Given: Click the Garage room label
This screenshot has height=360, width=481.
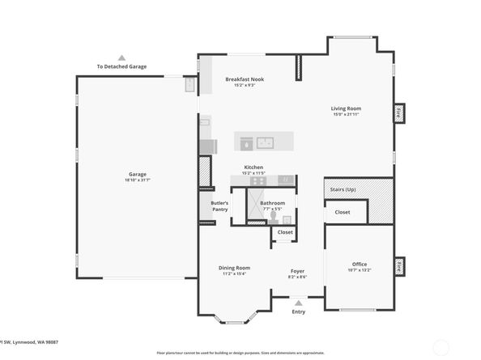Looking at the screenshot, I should pos(137,174).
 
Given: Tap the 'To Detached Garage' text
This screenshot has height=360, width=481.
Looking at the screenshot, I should pos(121,66).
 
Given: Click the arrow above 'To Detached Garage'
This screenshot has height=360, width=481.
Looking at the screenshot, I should pos(121,58).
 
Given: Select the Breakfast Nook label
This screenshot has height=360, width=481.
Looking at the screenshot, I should pos(244,79).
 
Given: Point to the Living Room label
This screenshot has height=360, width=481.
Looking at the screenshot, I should pos(346,108).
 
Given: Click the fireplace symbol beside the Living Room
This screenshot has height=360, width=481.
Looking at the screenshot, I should pos(399,114).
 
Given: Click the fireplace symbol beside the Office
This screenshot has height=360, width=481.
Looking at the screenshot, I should pos(399,266).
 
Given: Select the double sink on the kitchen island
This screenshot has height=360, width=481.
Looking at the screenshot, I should pos(266,143).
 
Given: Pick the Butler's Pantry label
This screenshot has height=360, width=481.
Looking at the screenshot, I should pos(219,206).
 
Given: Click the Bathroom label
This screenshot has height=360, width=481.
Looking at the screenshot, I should pos(272,203).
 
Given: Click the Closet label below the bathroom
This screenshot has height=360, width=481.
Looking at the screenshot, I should pos(285,232).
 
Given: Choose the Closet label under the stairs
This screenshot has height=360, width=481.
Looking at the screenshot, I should pos(343,212).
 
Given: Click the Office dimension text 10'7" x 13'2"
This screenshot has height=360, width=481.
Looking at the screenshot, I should pos(360,269).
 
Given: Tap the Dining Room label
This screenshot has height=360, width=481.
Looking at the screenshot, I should pos(234,268).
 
